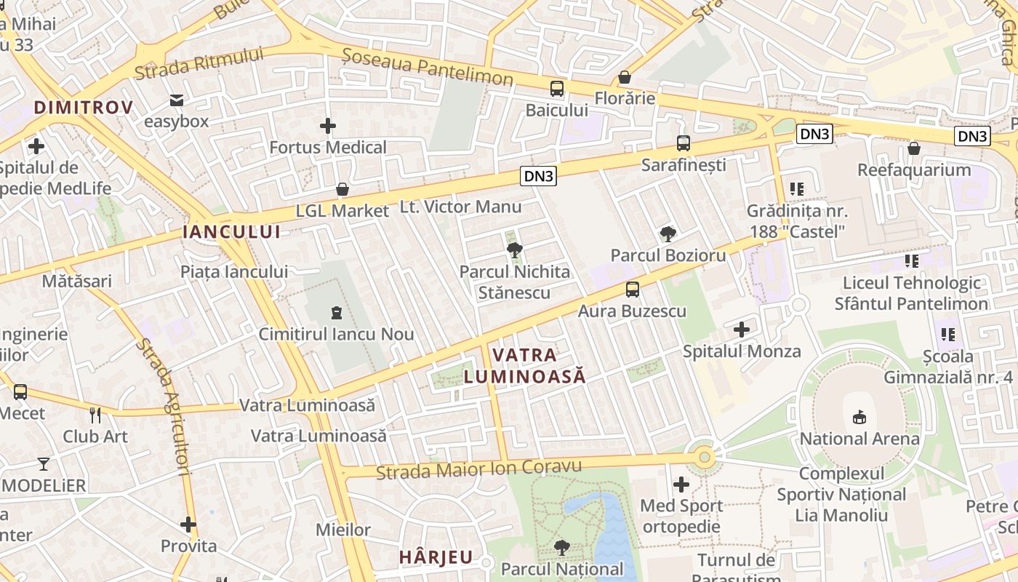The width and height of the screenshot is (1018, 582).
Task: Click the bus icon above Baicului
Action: (x=557, y=89)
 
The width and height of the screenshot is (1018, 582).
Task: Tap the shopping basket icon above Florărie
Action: (x=625, y=77)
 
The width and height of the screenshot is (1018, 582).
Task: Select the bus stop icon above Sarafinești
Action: (x=683, y=143)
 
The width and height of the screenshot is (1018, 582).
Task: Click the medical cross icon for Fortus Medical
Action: (x=328, y=126)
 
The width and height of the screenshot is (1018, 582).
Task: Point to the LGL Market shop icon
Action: (x=342, y=190)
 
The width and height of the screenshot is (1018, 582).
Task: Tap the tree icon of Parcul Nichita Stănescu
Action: (x=515, y=250)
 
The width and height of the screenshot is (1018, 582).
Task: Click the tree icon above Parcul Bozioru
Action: (x=668, y=234)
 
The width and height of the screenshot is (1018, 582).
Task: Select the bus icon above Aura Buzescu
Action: (x=633, y=290)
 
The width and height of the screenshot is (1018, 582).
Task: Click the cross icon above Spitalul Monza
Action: (x=742, y=330)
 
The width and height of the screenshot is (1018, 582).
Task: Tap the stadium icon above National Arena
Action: (x=859, y=417)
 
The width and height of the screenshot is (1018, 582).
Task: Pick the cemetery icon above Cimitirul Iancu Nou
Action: (x=336, y=313)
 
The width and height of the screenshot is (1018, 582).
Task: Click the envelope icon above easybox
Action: (x=176, y=100)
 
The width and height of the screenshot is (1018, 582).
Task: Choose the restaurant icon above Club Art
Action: (x=95, y=415)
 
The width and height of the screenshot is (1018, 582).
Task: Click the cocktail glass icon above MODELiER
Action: (x=44, y=463)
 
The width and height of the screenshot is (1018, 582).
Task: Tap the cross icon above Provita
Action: (x=188, y=524)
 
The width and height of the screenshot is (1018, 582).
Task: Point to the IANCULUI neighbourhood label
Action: (x=231, y=232)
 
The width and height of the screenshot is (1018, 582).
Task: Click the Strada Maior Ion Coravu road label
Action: (x=479, y=469)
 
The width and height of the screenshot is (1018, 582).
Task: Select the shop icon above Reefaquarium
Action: (x=914, y=148)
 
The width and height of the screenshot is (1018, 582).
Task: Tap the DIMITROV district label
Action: (x=84, y=108)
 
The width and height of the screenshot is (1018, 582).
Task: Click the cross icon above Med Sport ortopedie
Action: (x=681, y=484)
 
